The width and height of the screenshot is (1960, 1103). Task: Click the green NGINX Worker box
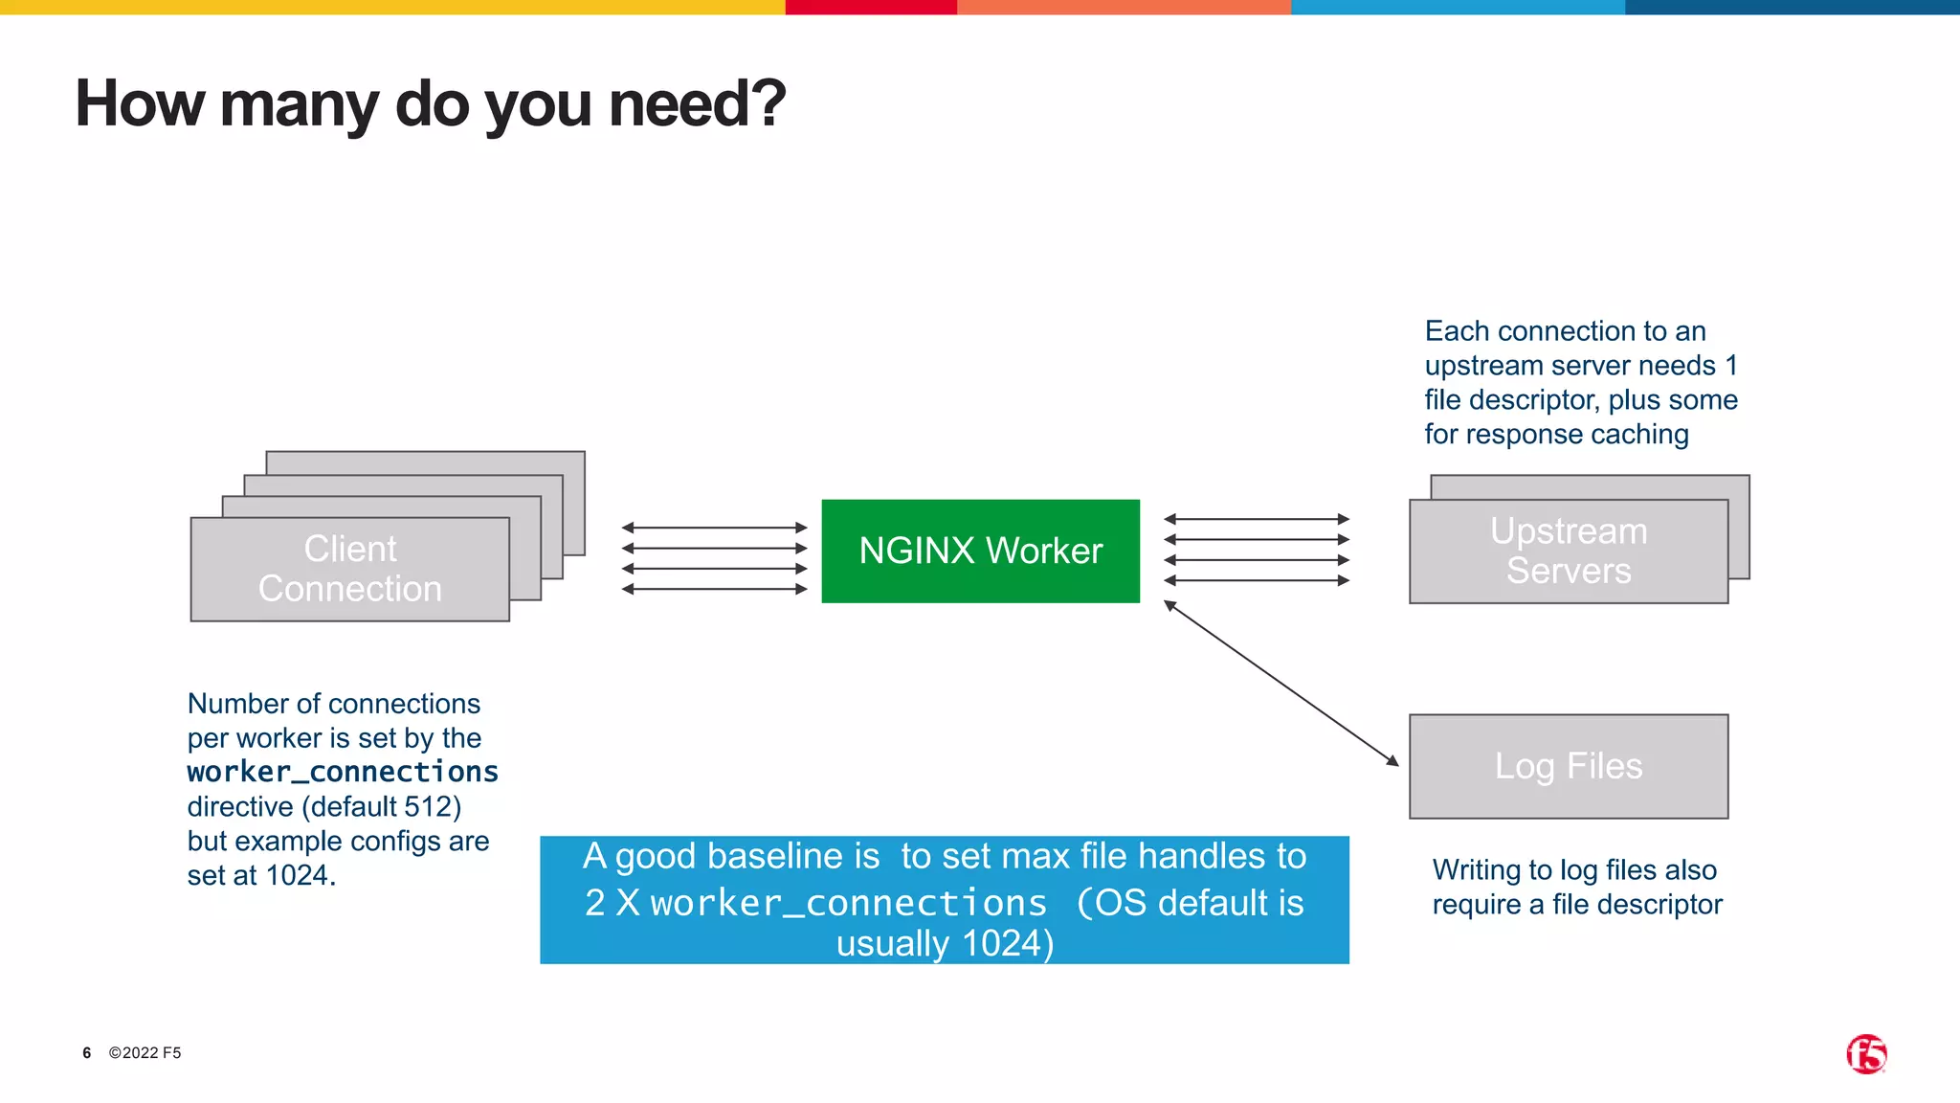(x=980, y=551)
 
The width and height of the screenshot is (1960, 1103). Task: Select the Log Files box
(x=1568, y=766)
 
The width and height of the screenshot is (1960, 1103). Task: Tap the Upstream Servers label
(x=1568, y=551)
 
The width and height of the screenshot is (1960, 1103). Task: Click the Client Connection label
(x=349, y=569)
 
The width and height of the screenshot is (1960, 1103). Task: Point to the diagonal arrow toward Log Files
(x=1281, y=684)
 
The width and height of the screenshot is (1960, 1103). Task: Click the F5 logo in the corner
(x=1865, y=1054)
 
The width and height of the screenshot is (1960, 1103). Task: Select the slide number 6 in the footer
(x=87, y=1053)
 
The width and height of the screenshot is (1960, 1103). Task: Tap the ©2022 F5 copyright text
(x=145, y=1053)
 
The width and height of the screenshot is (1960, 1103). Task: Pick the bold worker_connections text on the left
(x=343, y=772)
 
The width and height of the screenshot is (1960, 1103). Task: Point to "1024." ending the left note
(x=301, y=875)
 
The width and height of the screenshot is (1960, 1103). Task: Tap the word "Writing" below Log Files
(x=1476, y=869)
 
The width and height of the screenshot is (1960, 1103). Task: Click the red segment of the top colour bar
(x=871, y=7)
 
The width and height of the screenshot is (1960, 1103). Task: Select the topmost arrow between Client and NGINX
(x=714, y=528)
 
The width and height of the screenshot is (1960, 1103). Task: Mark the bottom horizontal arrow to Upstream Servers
(x=1256, y=580)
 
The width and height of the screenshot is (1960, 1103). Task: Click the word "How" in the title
(x=140, y=103)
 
